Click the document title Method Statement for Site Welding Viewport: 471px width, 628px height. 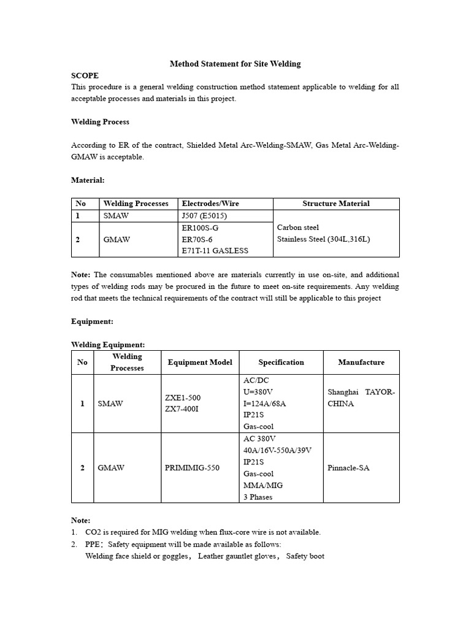(235, 64)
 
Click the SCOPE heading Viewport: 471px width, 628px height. (85, 75)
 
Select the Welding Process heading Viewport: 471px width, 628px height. (100, 122)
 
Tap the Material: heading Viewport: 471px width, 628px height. (88, 180)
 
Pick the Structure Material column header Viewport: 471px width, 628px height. (336, 204)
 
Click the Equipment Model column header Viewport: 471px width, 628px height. (200, 362)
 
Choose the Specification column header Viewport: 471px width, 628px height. (281, 362)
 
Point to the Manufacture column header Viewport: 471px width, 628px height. (361, 362)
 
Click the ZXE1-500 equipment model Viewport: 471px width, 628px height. (182, 397)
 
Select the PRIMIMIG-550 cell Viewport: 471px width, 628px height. (192, 468)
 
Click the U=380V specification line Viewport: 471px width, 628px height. (258, 392)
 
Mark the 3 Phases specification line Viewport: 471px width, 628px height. (258, 497)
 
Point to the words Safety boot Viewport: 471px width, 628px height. (305, 556)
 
